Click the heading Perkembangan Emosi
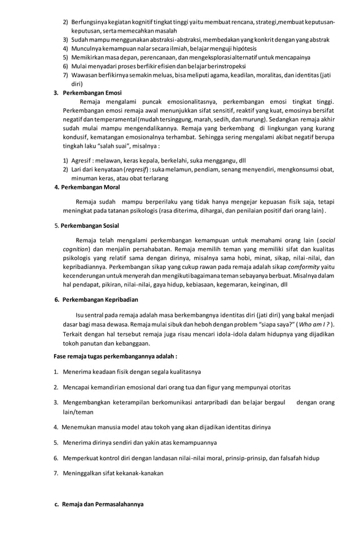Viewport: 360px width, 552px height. click(x=91, y=92)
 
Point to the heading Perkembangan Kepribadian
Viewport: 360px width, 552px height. click(x=100, y=299)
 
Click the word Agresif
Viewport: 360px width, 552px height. click(x=82, y=160)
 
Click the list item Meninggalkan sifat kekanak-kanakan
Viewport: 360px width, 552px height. click(x=113, y=473)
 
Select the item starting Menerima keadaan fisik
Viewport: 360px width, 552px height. click(x=131, y=372)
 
